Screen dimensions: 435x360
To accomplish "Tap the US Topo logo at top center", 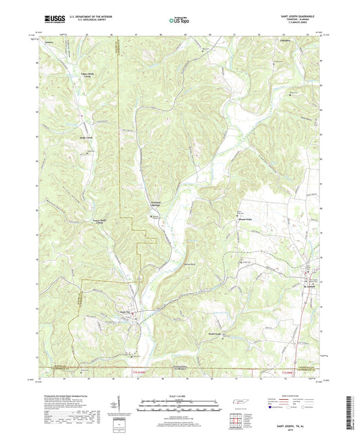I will (180, 20).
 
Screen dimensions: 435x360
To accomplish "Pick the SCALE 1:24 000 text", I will (180, 394).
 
